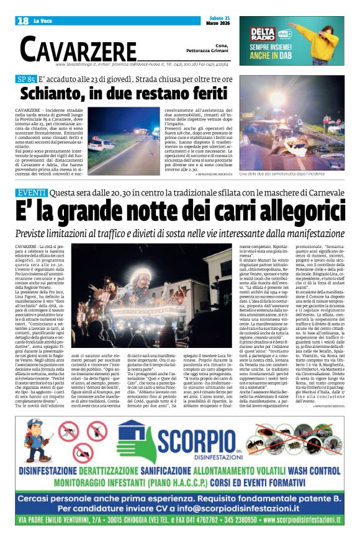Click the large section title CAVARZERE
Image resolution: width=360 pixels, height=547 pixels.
point(78,48)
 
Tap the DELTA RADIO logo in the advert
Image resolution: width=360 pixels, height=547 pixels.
point(263,33)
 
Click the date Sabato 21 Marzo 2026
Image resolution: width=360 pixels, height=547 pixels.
point(220,21)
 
